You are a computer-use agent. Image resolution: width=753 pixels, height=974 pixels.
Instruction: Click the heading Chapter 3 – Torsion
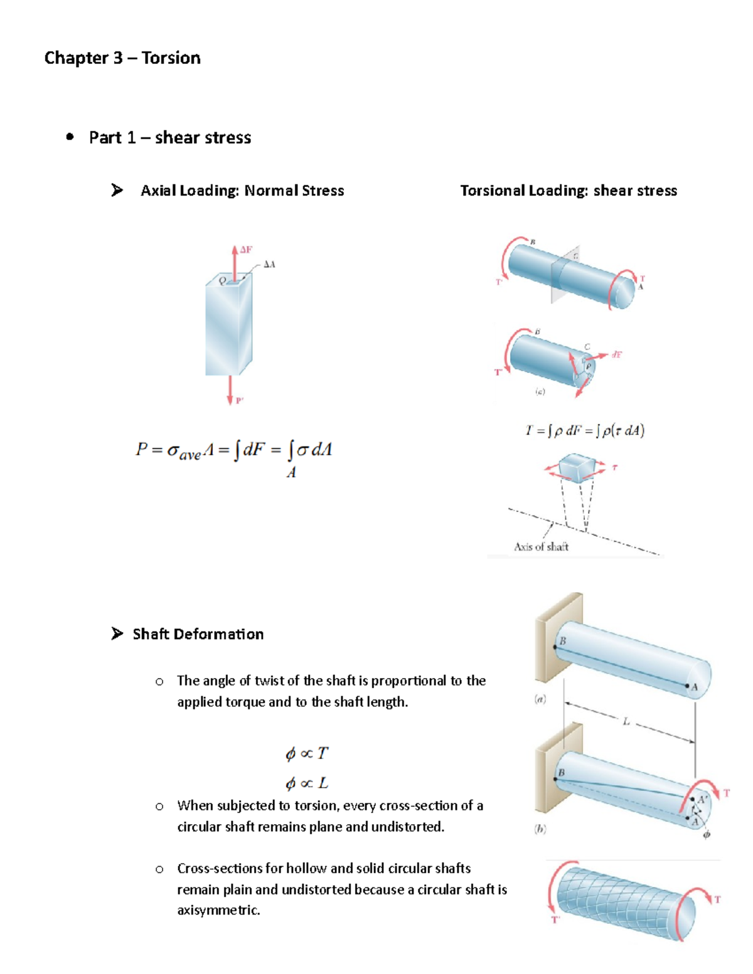pos(122,58)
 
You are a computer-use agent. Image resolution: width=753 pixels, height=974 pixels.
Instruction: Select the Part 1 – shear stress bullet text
pos(170,138)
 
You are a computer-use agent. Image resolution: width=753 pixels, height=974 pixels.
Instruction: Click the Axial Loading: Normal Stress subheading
pos(242,191)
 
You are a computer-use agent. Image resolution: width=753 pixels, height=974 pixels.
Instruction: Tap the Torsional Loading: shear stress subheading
pos(569,191)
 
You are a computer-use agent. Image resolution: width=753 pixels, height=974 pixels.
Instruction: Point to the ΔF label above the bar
pos(246,250)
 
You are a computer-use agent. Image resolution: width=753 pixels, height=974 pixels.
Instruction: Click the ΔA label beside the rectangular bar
pos(269,265)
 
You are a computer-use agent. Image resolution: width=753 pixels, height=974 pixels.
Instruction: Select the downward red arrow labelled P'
pos(230,390)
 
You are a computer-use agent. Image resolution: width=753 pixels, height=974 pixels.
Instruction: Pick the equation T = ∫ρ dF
pos(584,431)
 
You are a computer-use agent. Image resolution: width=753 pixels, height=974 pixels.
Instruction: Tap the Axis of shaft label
pos(541,547)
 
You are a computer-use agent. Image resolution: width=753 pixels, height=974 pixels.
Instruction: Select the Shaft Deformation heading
pos(198,634)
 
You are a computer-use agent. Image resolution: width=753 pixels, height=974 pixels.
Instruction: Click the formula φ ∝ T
pos(307,753)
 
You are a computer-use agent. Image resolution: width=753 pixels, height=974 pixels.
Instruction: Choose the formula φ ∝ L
pos(307,783)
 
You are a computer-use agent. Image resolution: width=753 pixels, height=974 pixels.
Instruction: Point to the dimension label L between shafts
pos(626,722)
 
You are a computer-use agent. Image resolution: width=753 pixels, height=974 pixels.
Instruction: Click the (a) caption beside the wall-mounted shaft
pos(540,699)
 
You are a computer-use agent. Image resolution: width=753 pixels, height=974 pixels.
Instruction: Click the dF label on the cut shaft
pos(617,355)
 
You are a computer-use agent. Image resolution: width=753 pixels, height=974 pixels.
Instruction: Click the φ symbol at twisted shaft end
pos(707,835)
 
